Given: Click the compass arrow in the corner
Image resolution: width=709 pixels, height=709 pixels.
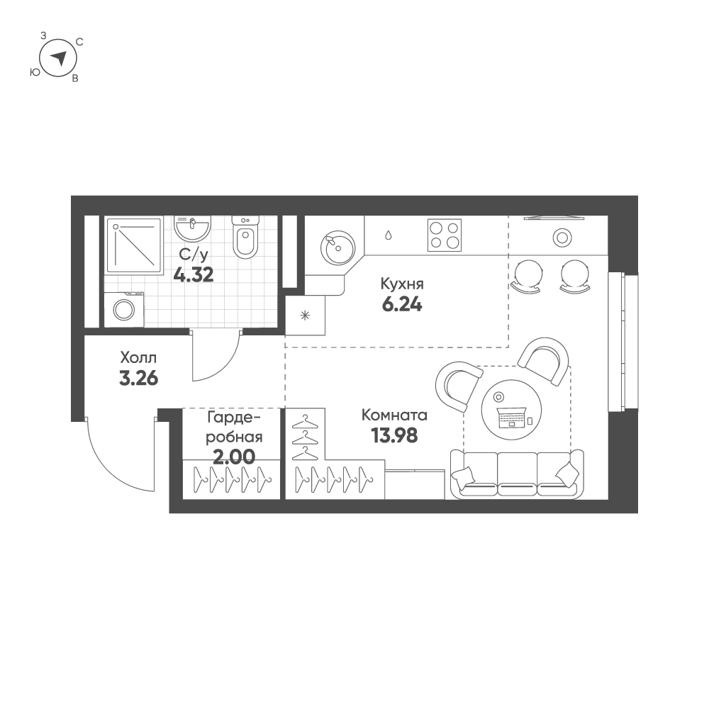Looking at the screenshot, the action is [59, 57].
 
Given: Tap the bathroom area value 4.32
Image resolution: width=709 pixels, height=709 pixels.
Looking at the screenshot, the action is [194, 275].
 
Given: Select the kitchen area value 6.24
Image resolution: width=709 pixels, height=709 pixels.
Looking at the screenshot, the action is [402, 305].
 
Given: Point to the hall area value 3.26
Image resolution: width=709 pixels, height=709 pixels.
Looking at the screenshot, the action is [138, 379].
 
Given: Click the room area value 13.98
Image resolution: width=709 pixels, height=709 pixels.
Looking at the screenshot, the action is [394, 435].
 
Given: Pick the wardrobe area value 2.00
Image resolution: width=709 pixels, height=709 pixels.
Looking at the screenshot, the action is [234, 457].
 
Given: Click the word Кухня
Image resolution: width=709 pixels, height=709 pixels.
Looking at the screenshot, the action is [402, 284].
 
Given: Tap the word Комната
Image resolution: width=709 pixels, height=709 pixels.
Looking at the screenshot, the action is [394, 415].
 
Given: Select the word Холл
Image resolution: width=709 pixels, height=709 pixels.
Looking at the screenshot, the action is [138, 358].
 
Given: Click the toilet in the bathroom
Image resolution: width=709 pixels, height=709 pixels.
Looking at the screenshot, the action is [245, 238].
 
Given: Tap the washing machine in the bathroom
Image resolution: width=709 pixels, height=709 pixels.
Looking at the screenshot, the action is [124, 310].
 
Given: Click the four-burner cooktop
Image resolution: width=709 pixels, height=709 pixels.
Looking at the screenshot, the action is [445, 235].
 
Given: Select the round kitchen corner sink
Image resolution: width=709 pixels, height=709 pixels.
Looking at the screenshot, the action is [337, 248].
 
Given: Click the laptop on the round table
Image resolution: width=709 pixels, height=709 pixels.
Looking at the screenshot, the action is [511, 418].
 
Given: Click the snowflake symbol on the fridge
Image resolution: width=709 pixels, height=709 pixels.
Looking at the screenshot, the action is [305, 316].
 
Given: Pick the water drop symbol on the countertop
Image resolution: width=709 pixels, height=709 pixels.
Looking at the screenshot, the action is [389, 235].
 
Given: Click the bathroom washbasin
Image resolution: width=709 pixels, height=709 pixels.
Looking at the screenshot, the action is [192, 228].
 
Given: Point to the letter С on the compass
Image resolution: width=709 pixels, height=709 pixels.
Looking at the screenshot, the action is [79, 43].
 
